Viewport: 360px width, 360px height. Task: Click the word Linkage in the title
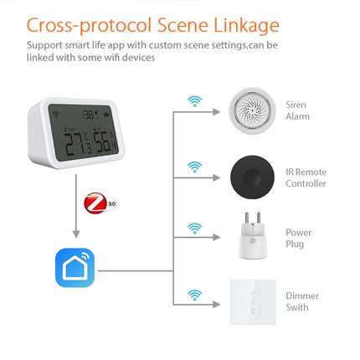pos(243,23)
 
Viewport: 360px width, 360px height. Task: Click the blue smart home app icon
pos(75,267)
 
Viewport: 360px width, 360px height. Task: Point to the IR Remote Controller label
pos(306,177)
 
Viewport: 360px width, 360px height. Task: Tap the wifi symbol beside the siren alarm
pos(194,101)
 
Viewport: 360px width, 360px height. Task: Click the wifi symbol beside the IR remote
pos(194,166)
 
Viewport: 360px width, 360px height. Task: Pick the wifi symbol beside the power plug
pos(194,228)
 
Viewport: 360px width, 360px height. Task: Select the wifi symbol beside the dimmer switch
pos(194,294)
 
